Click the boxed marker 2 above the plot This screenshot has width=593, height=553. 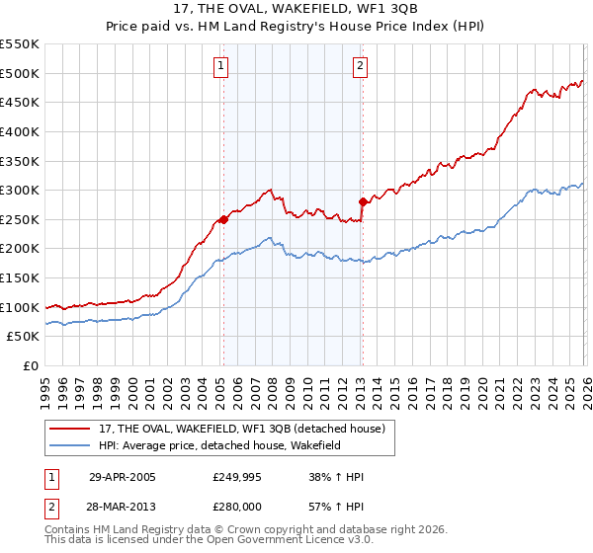(360, 67)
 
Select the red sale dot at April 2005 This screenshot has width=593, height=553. (223, 219)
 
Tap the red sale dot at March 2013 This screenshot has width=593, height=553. (363, 201)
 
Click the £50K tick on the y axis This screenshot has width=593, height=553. (24, 337)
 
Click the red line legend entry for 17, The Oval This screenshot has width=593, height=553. (247, 428)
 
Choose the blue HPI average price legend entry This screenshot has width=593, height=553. (232, 446)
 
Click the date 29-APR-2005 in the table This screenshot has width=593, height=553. (122, 477)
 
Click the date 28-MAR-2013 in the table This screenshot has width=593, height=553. (122, 507)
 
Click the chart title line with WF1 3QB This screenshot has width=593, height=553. (296, 10)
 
